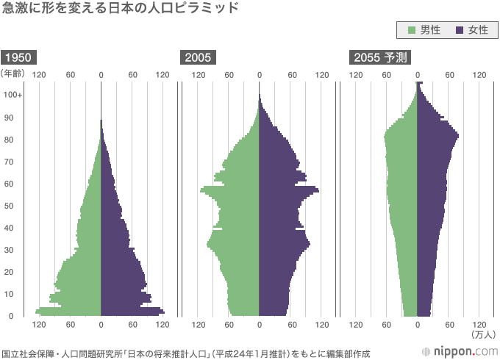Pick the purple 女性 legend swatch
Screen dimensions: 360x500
pos(460,31)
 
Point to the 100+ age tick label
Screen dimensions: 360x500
pos(12,96)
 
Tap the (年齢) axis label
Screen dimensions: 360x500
pos(14,73)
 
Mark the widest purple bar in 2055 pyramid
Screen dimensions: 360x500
pos(438,135)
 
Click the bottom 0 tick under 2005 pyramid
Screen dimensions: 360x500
pos(260,325)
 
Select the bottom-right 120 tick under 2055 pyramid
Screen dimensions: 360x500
pos(479,325)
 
